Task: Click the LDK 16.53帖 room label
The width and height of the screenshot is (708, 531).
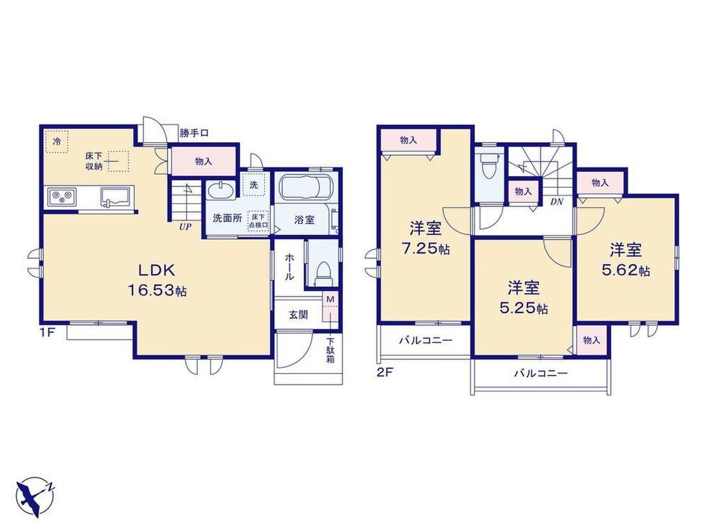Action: pos(157,280)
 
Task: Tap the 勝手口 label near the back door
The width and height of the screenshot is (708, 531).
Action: pos(194,133)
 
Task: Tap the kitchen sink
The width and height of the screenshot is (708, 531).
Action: pos(115,197)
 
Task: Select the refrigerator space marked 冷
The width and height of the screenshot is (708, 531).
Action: pos(56,142)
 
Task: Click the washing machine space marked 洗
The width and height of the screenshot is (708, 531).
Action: pos(254,185)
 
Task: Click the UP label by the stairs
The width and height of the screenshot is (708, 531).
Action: pos(185,227)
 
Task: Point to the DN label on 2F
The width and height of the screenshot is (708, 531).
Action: pos(556,202)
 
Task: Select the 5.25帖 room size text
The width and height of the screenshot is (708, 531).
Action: pos(524,308)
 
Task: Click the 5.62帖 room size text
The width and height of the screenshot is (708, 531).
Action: pos(626,270)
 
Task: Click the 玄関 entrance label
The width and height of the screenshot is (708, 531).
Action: pos(298,315)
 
